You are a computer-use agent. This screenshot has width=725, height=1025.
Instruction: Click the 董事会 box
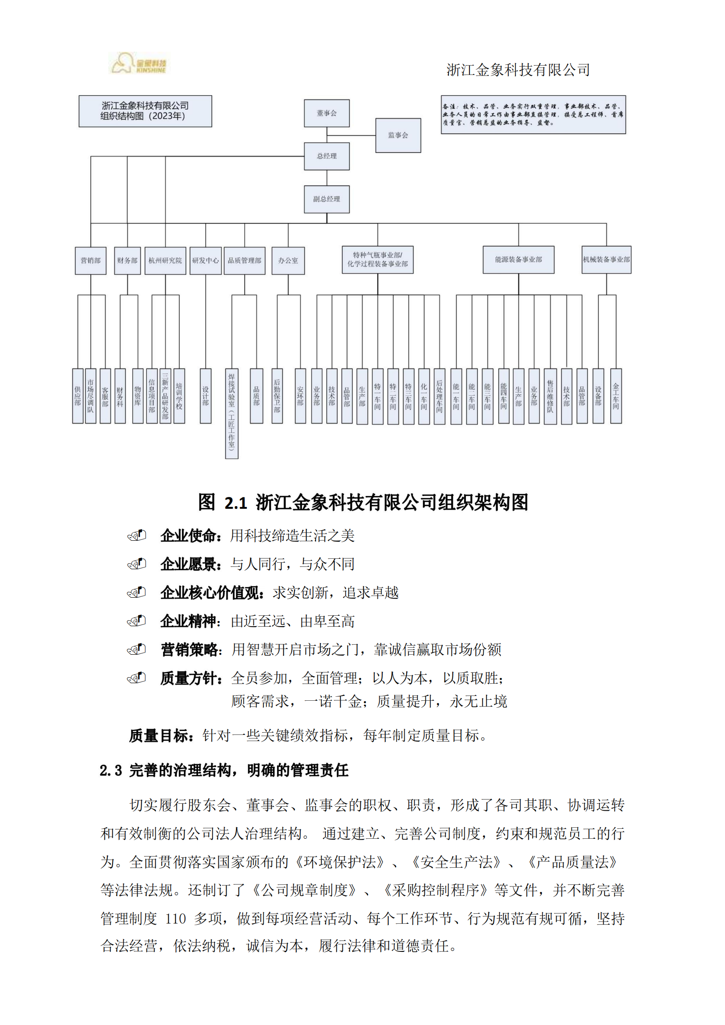click(327, 113)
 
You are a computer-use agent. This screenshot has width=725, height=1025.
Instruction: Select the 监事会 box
click(398, 135)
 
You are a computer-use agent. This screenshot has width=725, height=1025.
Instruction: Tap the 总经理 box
click(327, 156)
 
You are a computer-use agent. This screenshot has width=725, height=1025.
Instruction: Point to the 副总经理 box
click(327, 199)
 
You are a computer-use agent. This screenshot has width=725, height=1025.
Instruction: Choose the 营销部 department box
click(91, 261)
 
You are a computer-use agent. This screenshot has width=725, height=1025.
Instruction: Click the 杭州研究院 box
click(165, 261)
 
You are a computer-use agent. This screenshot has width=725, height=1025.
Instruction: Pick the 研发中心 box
click(205, 261)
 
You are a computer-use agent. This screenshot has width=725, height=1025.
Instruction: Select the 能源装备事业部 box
click(518, 260)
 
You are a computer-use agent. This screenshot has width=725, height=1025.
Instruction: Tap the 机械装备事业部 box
click(606, 260)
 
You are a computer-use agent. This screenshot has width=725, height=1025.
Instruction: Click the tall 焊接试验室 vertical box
click(232, 413)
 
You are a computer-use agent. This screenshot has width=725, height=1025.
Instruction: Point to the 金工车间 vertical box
click(616, 396)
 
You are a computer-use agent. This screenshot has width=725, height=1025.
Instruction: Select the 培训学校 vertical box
click(179, 396)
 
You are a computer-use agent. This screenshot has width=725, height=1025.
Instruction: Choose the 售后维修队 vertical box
click(550, 396)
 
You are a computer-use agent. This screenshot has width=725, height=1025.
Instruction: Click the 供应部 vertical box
click(78, 396)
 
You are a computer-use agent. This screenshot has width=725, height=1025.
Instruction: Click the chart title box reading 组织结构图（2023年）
click(145, 111)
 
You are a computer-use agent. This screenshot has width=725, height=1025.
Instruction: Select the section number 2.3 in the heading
click(111, 770)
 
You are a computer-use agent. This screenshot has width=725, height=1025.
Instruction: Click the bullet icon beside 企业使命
click(137, 535)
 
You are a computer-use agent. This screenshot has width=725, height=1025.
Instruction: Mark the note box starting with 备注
click(533, 115)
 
